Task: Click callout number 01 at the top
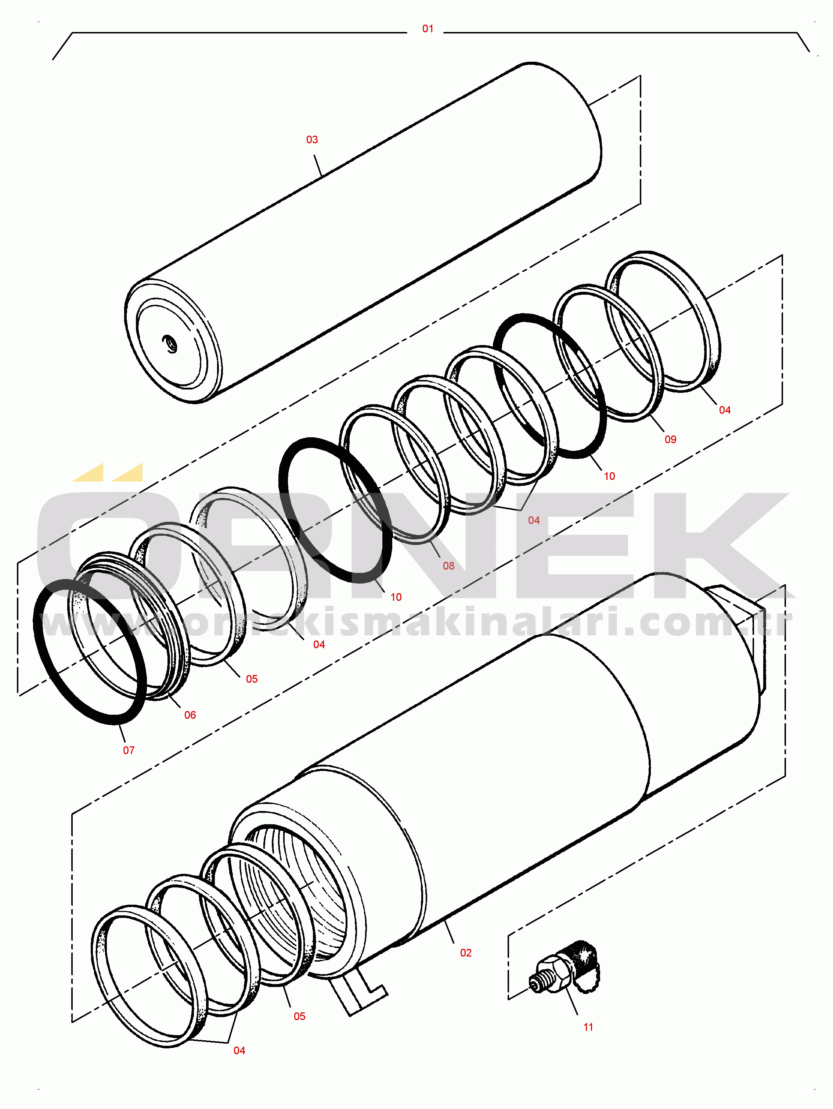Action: [428, 29]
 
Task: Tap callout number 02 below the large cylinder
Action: [466, 952]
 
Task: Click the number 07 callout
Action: [129, 750]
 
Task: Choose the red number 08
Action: [448, 566]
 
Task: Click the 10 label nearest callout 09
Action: [609, 476]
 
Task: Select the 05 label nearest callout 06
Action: [252, 679]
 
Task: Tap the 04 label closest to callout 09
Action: [724, 410]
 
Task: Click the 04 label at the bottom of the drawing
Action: [239, 1050]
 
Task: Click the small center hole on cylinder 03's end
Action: [170, 344]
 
